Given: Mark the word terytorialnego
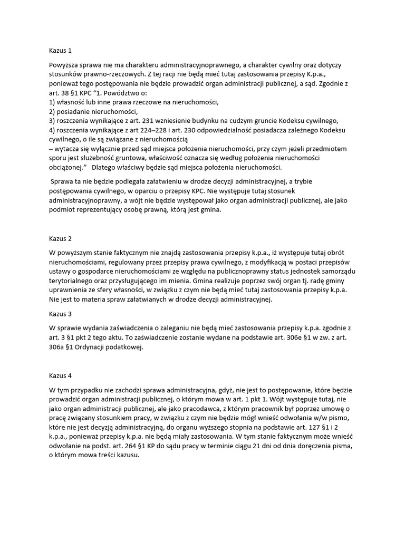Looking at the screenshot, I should tap(73, 281).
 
